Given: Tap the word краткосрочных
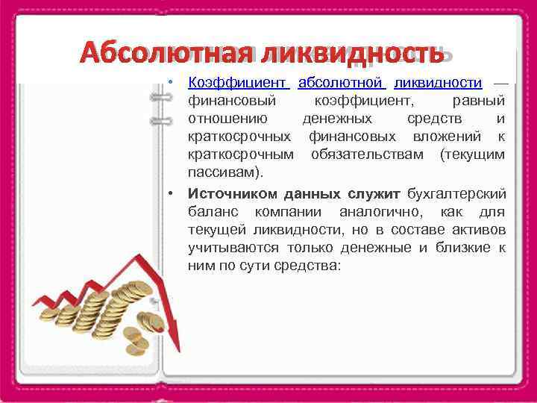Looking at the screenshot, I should pos(239,137).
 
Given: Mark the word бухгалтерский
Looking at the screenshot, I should pos(456,193).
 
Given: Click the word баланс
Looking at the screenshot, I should pos(212,212).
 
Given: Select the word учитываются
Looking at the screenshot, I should pos(233,248).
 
